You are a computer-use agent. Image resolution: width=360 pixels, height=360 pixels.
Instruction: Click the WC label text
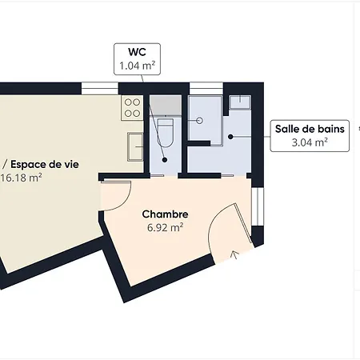(x=136, y=54)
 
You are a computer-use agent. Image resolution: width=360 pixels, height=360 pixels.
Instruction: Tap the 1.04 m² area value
(x=136, y=66)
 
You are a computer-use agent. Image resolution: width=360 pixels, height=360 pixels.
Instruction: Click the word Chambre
(x=165, y=214)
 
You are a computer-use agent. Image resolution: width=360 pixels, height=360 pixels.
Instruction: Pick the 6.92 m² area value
(x=165, y=227)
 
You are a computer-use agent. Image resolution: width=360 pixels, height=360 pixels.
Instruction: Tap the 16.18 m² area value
(x=22, y=178)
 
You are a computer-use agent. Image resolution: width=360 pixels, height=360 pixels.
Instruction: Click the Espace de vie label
(x=27, y=164)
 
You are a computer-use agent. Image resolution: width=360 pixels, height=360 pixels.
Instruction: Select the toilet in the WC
(x=166, y=132)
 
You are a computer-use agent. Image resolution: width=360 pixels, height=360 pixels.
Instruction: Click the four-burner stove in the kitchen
(x=133, y=107)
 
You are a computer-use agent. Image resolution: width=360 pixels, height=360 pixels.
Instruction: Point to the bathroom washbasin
(x=239, y=102)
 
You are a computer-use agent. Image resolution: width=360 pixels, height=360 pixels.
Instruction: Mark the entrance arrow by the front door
(x=234, y=255)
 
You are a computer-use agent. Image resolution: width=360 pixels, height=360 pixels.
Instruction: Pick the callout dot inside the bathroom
(x=230, y=137)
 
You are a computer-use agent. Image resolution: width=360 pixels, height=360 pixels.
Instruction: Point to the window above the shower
(x=205, y=86)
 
